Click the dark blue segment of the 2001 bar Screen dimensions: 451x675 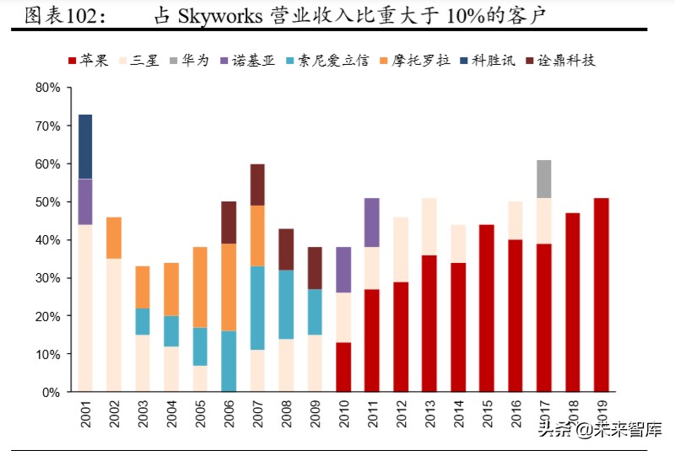click(85, 147)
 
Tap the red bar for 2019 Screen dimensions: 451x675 click(602, 295)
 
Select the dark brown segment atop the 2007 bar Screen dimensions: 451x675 click(257, 185)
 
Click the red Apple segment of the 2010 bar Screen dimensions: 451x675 click(343, 367)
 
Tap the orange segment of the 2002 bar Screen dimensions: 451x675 click(114, 239)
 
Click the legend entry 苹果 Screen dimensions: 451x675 click(87, 60)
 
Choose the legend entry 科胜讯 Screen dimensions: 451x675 click(486, 60)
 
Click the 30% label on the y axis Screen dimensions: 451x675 click(48, 278)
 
